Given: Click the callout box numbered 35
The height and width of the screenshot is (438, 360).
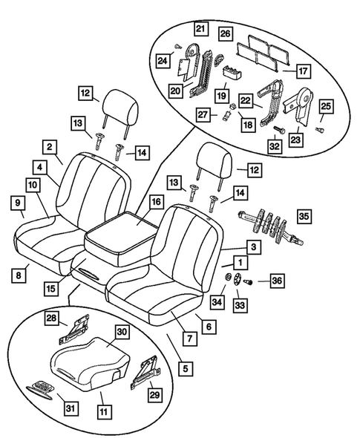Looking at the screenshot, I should [x=304, y=218].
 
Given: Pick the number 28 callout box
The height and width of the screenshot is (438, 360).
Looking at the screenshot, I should [x=53, y=318].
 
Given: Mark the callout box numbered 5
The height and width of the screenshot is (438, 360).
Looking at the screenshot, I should [x=184, y=365].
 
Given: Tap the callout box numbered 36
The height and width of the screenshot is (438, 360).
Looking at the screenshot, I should [x=277, y=281].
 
